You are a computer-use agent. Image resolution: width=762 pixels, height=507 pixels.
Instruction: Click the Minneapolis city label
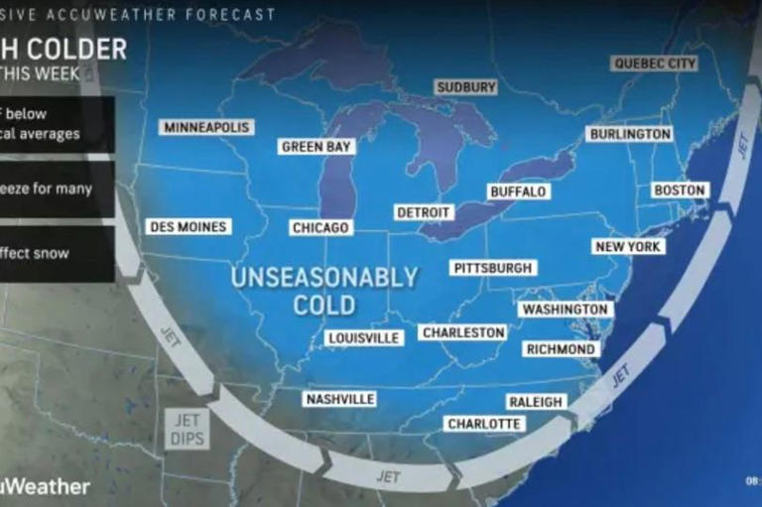tap(206, 127)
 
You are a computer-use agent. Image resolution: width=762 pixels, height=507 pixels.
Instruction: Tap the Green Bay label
tap(317, 147)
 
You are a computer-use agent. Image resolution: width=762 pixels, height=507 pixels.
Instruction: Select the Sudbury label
tap(465, 87)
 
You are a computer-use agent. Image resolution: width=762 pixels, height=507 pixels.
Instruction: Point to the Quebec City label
tap(655, 63)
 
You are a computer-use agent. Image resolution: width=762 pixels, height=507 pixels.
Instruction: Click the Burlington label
tap(630, 134)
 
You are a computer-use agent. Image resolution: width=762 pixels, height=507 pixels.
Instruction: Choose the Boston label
tap(680, 190)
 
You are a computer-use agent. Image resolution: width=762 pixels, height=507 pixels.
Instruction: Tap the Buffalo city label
tap(518, 191)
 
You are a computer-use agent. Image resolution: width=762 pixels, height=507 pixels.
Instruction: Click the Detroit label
tap(424, 212)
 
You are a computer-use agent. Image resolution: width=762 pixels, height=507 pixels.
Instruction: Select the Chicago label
tap(320, 228)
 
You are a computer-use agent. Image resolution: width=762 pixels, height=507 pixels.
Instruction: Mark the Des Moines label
tap(189, 227)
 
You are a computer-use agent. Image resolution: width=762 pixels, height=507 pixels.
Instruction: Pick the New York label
tap(629, 246)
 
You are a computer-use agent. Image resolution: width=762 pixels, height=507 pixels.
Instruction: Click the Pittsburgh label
tap(493, 268)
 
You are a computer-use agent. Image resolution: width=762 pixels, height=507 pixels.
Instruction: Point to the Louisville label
tap(364, 338)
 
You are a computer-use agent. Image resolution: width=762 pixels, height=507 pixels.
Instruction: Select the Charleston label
tap(463, 332)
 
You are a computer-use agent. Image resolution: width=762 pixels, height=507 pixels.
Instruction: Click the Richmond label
tap(562, 349)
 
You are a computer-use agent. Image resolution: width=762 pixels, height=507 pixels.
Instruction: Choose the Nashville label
tap(340, 399)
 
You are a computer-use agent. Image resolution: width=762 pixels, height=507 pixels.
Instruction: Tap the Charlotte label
tap(484, 424)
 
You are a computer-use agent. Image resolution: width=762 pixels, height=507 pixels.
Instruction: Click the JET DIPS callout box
tap(187, 430)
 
